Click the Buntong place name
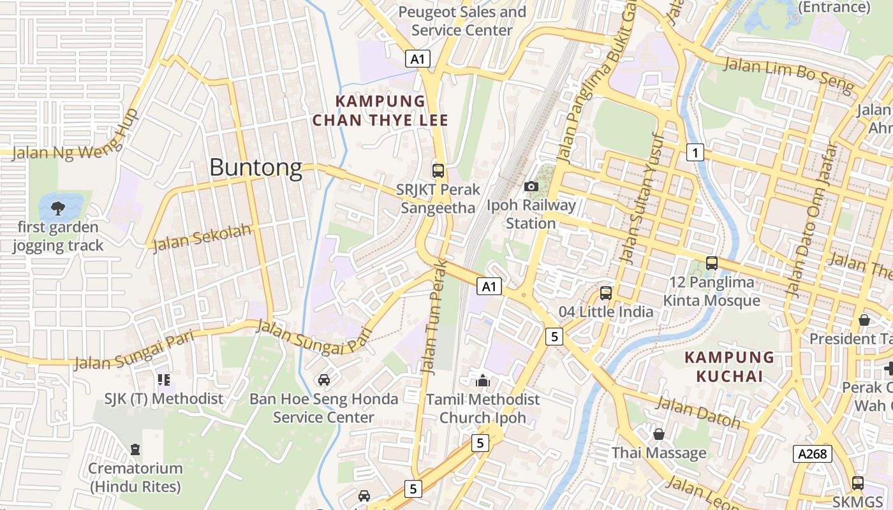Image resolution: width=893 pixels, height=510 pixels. (x=256, y=167)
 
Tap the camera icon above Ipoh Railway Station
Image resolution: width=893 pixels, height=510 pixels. (x=531, y=186)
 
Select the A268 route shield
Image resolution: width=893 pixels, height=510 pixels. (x=813, y=454)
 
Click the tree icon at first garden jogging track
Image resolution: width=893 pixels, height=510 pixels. (x=58, y=207)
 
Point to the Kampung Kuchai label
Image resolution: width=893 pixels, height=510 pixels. (x=729, y=367)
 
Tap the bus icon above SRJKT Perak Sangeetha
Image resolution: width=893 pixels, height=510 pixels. (x=438, y=170)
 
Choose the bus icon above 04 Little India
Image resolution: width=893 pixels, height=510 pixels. (x=606, y=293)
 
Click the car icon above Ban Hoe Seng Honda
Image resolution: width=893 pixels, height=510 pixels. (x=324, y=380)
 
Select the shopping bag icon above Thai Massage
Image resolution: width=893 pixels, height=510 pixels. (x=659, y=434)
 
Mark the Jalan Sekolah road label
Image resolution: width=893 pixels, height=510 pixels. (x=203, y=237)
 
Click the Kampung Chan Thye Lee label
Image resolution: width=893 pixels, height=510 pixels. (x=380, y=110)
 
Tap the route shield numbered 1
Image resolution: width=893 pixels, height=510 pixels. (x=695, y=152)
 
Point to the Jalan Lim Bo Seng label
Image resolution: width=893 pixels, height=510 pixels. (x=788, y=73)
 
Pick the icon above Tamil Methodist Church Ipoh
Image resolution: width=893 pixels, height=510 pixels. (x=483, y=381)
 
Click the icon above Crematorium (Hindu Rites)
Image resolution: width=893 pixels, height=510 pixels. (x=135, y=449)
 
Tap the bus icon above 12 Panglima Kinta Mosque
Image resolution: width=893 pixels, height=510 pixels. (x=712, y=263)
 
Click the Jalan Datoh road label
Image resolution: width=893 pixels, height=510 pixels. (x=698, y=412)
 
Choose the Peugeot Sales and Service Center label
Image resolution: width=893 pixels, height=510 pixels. (x=462, y=21)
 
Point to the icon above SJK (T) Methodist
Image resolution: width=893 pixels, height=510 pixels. (x=164, y=380)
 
